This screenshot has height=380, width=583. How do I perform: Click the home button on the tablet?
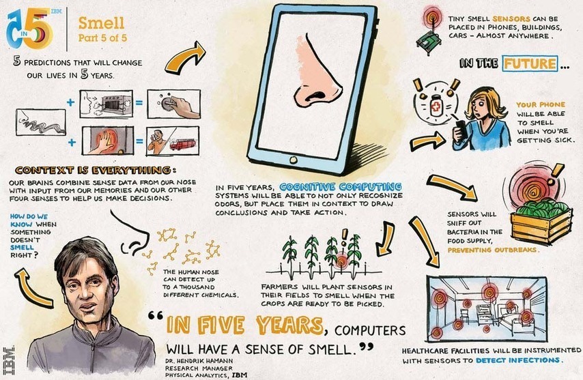294,160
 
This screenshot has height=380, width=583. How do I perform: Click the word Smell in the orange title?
101,23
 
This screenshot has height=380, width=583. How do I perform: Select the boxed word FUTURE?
530,64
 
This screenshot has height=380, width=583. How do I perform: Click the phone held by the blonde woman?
459,127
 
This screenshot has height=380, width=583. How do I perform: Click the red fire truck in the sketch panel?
182,144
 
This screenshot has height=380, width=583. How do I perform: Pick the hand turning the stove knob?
180,106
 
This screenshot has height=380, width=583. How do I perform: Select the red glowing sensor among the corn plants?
340,261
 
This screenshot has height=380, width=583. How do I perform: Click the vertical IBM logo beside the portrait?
9,360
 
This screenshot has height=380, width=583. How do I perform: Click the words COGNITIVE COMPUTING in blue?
340,186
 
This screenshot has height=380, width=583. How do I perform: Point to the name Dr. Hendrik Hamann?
199,361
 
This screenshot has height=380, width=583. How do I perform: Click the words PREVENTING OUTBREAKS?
493,250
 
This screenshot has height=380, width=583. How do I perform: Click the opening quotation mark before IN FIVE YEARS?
156,316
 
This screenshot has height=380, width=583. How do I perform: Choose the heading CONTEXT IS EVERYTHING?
93,171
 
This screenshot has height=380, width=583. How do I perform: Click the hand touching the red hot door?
101,143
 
